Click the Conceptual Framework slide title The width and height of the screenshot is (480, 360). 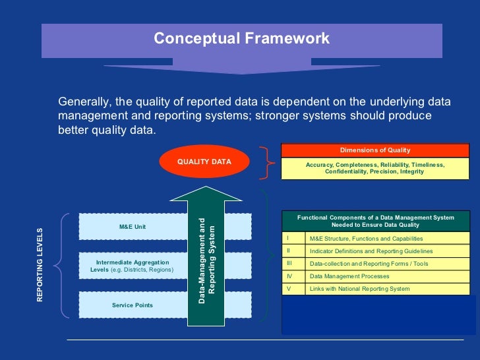241,39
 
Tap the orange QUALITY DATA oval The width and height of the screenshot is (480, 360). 204,162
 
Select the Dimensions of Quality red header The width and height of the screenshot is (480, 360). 375,150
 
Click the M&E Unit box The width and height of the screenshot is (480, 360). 132,227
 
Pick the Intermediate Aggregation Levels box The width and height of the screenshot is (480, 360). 132,266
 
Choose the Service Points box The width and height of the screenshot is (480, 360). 132,305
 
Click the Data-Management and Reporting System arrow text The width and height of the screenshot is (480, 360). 207,260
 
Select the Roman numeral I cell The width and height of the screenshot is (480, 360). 293,238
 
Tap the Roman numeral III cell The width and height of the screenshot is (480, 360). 293,263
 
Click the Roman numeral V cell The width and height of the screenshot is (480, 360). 293,289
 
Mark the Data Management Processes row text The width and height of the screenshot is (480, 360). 349,276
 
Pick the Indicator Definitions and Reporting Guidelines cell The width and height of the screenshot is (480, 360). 371,251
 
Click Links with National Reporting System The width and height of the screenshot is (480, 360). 359,289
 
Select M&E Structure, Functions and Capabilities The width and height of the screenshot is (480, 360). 366,239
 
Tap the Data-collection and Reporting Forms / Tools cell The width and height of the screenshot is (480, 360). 369,264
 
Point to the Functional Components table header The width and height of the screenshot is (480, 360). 375,221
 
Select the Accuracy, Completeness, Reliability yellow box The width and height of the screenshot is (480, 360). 375,168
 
